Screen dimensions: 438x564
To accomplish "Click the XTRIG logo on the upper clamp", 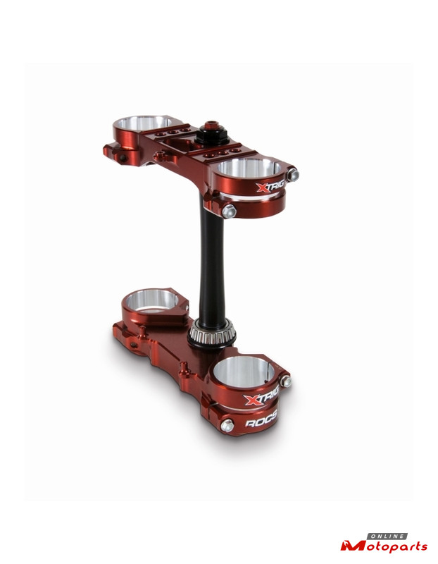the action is [x=270, y=187].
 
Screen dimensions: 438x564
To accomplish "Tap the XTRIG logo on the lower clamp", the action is [x=261, y=398].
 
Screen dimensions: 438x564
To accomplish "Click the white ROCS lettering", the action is [x=261, y=419].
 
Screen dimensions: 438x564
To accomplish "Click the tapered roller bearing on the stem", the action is [x=211, y=333].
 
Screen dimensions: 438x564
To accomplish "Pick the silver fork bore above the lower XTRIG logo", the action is [x=244, y=372].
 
